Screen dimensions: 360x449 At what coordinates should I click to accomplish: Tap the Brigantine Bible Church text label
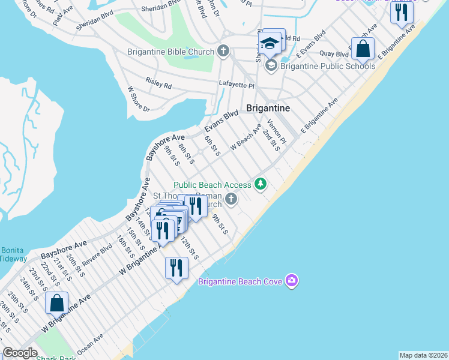(x=170, y=52)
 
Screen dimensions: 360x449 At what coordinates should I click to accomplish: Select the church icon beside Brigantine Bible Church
(x=223, y=51)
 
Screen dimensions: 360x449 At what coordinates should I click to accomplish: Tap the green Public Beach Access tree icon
(x=261, y=184)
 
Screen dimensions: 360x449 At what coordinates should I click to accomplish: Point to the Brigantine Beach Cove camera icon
(x=292, y=280)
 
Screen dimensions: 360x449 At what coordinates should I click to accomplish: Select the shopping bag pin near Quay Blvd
(x=363, y=49)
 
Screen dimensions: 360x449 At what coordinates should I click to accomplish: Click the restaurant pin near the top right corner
(x=402, y=12)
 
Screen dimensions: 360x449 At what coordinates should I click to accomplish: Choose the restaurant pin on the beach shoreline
(x=176, y=268)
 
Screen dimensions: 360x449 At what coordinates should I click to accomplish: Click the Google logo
(x=20, y=353)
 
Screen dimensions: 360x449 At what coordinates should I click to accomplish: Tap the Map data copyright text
(x=423, y=355)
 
